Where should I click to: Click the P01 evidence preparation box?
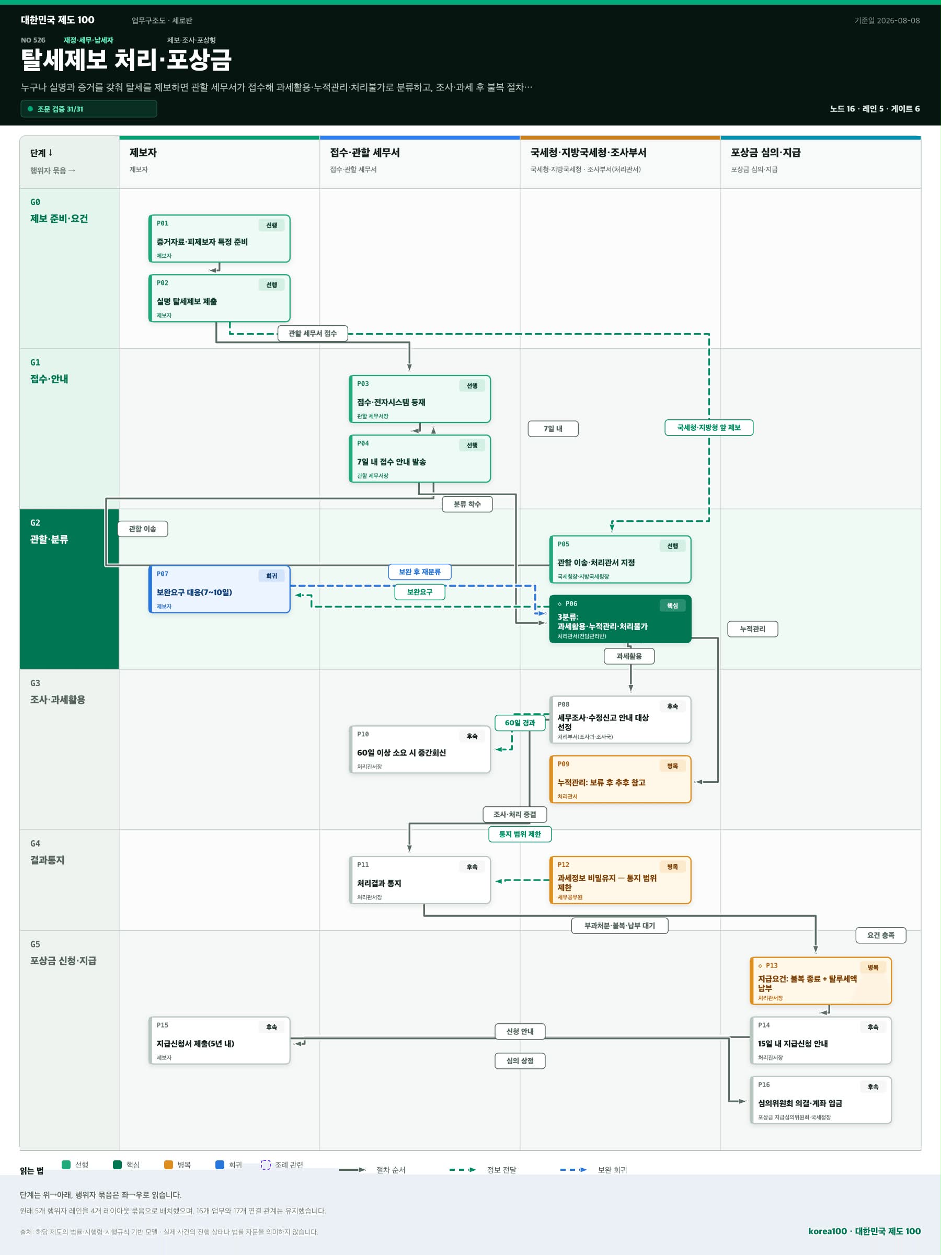[219, 239]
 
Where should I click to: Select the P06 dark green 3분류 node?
[620, 619]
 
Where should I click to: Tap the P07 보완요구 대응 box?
[219, 589]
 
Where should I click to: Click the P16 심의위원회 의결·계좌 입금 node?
[820, 1100]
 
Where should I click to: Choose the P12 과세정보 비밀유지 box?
[620, 880]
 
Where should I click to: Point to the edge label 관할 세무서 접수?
[313, 333]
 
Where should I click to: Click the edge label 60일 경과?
[520, 723]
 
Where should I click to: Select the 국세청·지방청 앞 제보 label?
[708, 428]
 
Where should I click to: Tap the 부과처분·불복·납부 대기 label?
[619, 926]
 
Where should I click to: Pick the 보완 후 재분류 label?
[420, 572]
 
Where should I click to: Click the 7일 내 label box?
[553, 429]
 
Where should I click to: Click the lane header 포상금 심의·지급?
[765, 153]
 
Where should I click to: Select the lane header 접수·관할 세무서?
[365, 153]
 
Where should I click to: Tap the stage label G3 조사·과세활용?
[58, 692]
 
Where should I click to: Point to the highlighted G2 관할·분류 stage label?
[49, 532]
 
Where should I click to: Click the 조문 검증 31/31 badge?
[88, 109]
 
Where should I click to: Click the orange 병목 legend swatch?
[168, 1165]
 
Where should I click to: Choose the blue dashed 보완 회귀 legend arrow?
[573, 1170]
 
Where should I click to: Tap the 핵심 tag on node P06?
[672, 606]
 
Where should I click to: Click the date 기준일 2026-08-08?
[887, 20]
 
